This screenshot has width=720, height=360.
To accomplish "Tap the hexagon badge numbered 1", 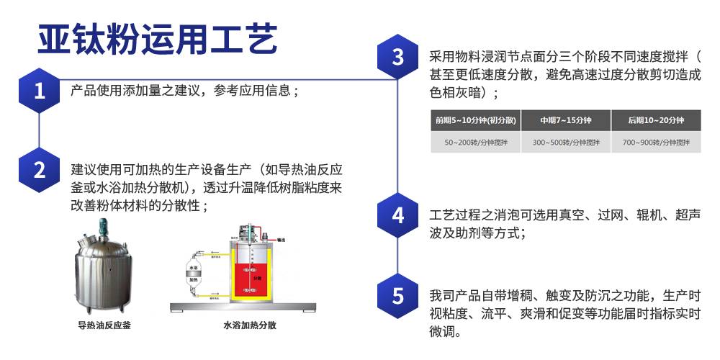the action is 40,91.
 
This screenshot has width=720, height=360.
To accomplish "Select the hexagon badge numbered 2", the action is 40,170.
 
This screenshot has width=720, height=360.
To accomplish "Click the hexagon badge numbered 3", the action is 398,57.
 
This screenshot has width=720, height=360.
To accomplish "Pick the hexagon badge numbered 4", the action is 398,215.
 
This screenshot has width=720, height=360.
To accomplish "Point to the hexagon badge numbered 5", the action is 398,296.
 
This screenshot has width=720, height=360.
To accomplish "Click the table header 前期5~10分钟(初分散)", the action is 475,120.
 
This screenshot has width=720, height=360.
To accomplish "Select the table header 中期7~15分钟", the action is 566,120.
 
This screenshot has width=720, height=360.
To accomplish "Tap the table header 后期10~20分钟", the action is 655,120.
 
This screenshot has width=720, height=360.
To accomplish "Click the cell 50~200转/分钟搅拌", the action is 475,142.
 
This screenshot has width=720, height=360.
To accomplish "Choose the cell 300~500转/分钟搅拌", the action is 566,142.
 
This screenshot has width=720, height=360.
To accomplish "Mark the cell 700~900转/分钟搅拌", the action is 655,142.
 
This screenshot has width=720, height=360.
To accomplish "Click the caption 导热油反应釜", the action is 104,325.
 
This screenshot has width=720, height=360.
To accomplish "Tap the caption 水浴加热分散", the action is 250,325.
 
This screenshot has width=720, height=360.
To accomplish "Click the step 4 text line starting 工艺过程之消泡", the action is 564,215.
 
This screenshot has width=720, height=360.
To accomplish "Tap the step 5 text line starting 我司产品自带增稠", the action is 564,296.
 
